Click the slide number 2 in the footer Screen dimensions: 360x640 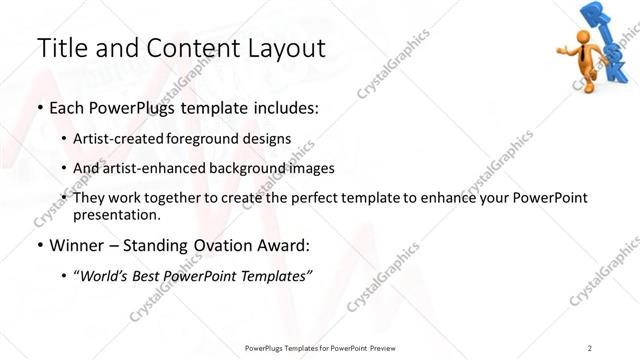point(590,347)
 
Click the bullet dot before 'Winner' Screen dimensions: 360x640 point(40,245)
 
